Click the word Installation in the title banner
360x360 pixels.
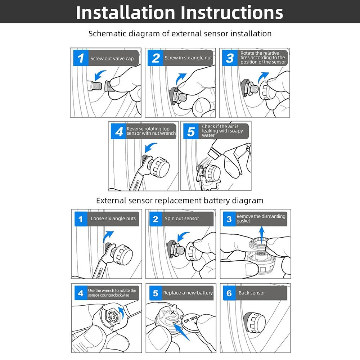[126, 12]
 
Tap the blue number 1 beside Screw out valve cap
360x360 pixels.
[81, 58]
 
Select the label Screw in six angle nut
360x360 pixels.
[188, 58]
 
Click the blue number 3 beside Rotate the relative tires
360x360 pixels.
[230, 58]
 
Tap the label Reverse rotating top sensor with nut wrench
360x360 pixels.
[151, 131]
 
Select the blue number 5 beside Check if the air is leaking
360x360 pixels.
[191, 131]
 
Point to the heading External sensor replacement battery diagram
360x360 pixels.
[180, 201]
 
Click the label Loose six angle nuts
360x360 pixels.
[113, 219]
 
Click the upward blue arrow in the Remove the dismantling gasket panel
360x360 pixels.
[262, 233]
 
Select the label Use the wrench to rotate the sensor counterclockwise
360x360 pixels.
[112, 293]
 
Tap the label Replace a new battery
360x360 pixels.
[188, 293]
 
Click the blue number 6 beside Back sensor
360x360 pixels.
[229, 293]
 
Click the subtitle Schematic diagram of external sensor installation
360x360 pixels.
[180, 33]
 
